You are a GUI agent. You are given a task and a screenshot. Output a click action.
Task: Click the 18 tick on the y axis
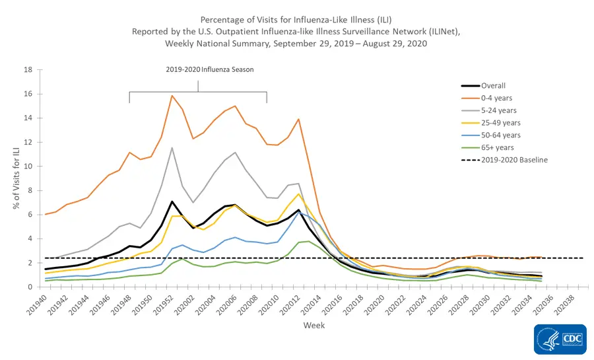(28, 70)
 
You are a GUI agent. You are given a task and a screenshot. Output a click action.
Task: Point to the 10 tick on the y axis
(28, 166)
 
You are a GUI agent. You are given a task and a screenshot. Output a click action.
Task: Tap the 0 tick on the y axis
(30, 287)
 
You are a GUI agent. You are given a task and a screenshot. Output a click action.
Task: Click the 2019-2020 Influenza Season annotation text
(209, 69)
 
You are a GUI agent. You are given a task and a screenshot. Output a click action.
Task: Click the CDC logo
(560, 339)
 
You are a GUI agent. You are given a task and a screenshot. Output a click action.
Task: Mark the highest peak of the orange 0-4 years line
(172, 96)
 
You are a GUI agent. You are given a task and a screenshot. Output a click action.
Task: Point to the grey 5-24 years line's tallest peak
(172, 148)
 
